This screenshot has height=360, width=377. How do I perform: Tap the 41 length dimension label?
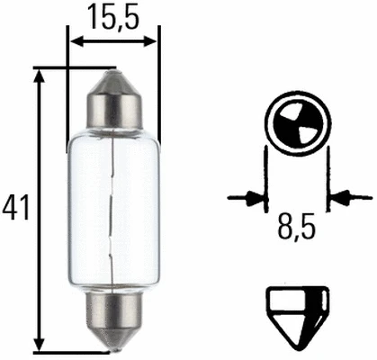(15, 208)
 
